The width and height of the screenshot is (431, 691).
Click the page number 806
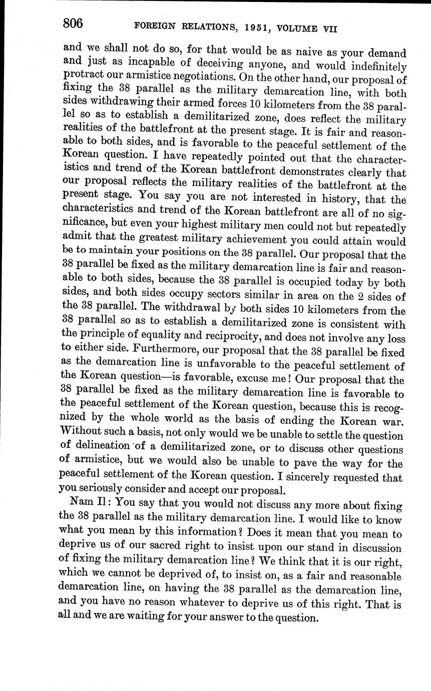pyautogui.click(x=73, y=23)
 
